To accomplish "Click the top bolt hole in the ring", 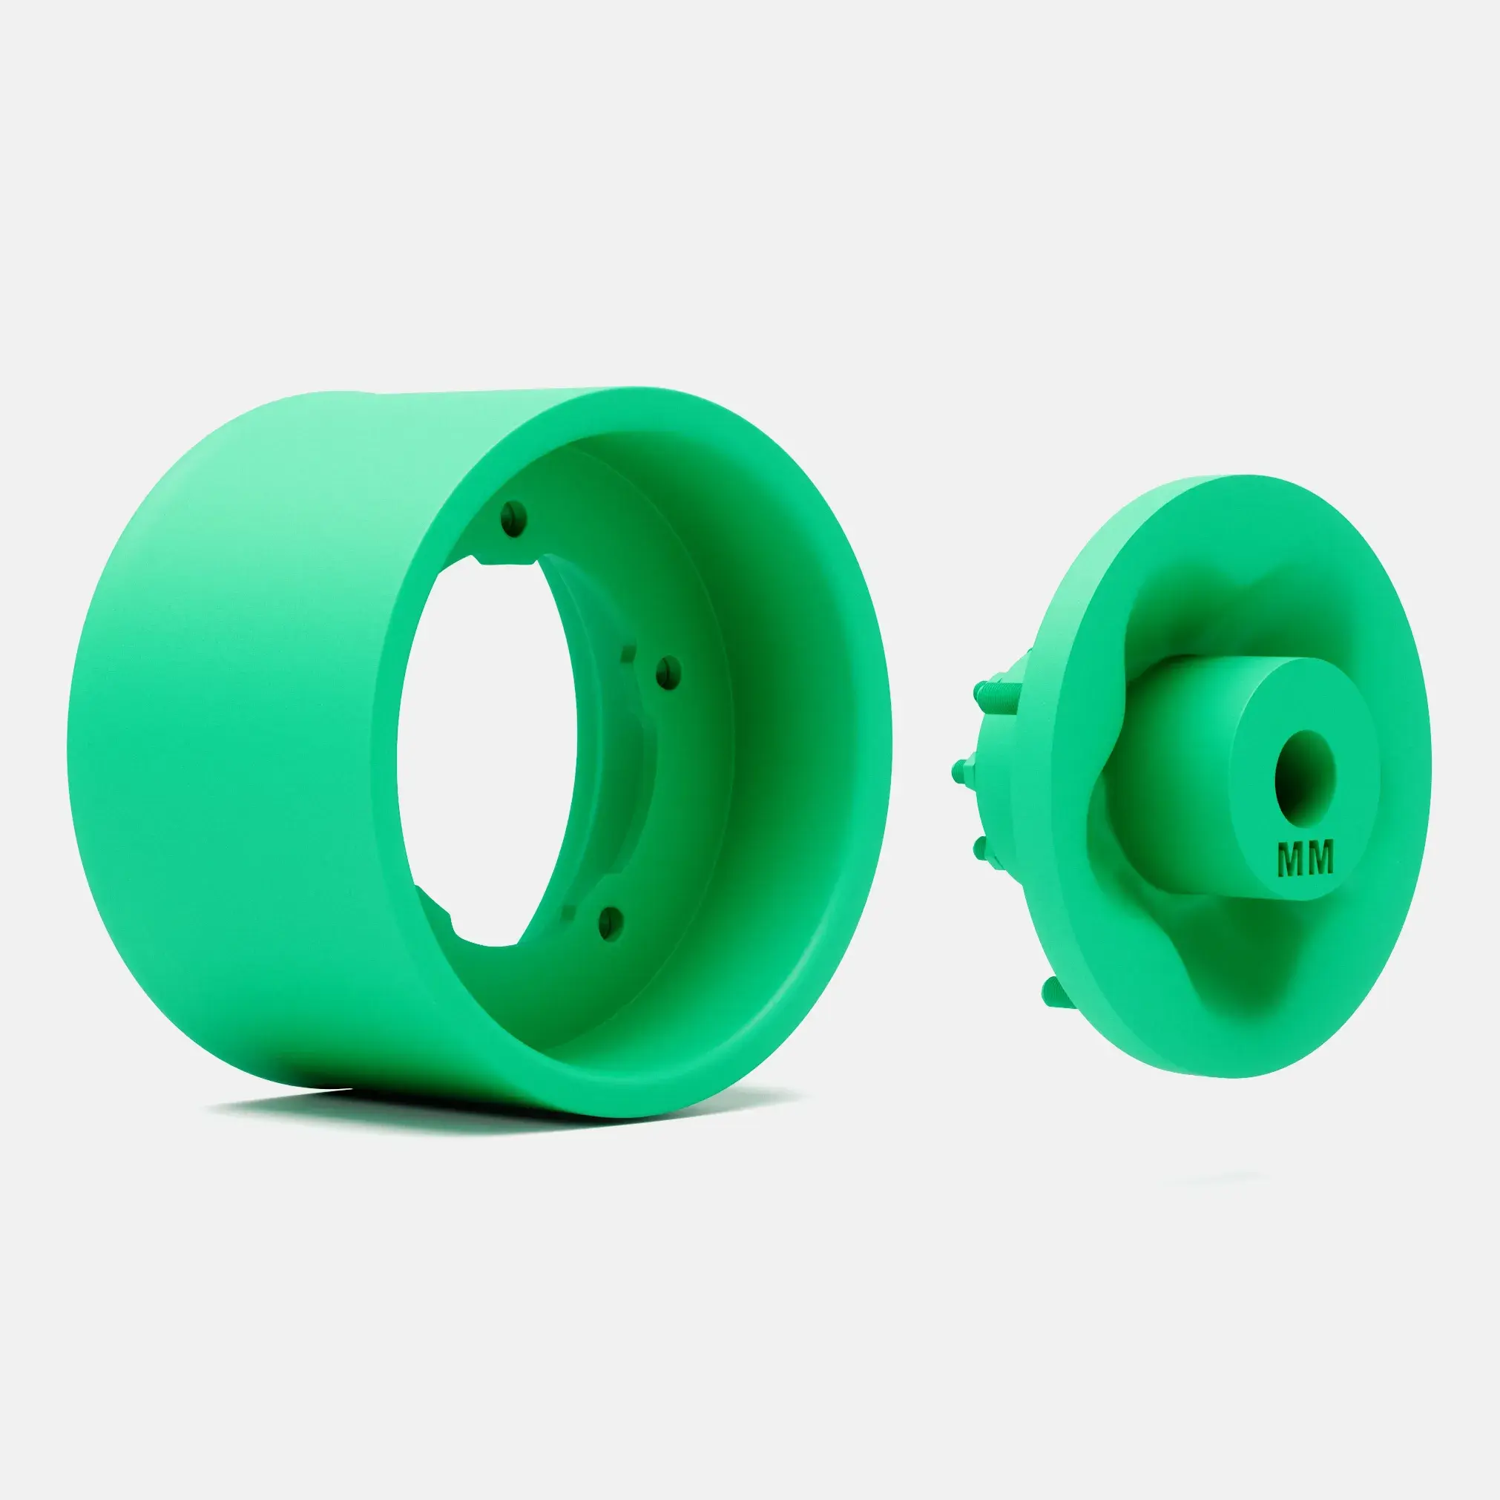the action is tap(513, 517).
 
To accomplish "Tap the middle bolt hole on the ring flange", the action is tap(668, 671).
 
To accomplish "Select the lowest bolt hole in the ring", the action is tap(612, 921).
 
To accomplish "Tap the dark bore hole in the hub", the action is tap(1305, 777).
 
